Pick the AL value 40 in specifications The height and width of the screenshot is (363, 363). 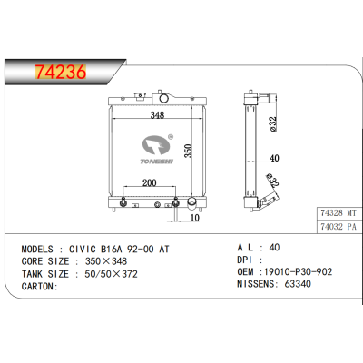[273, 246]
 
